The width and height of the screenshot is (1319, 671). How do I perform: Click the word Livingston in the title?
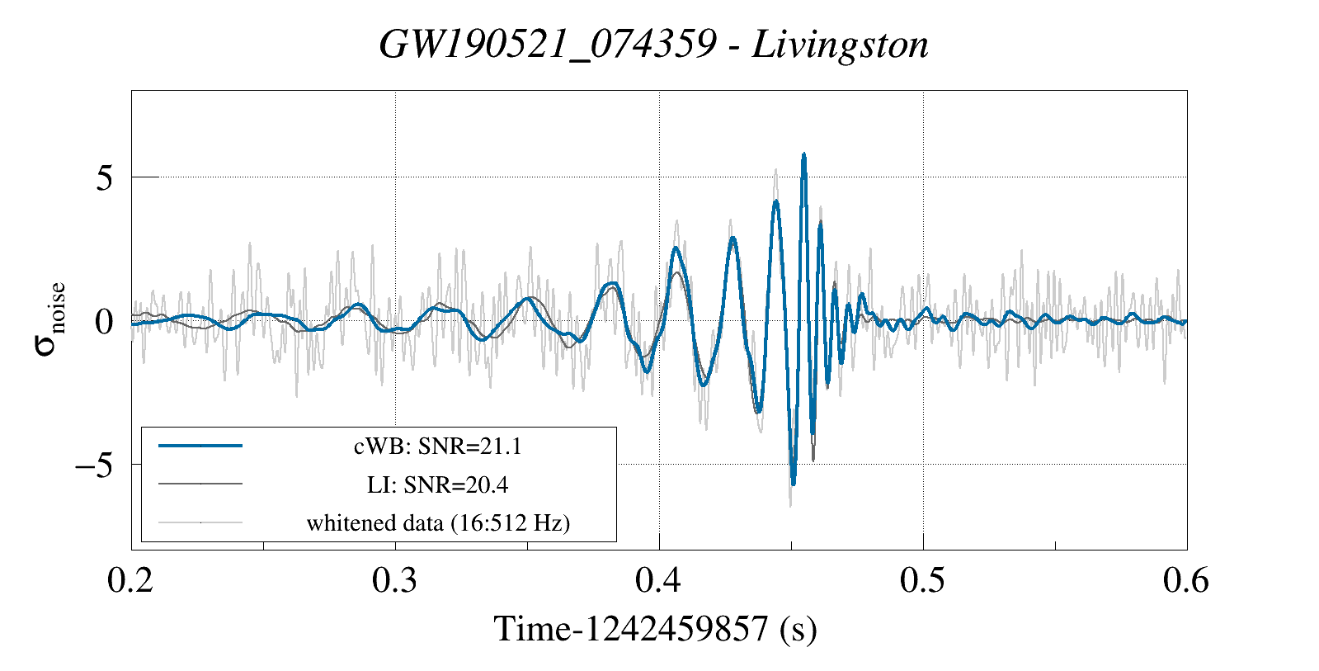841,45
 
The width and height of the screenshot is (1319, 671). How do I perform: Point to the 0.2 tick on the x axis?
131,581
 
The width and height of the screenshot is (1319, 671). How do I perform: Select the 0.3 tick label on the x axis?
395,581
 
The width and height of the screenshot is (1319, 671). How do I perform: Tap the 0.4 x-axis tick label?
659,581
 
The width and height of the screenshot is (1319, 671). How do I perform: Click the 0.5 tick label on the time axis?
923,581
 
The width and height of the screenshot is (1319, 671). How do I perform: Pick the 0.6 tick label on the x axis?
1186,581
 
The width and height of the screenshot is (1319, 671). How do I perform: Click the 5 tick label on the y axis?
104,178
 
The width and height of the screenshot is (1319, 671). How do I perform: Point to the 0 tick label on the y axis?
104,322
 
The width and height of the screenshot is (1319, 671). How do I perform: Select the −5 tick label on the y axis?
94,465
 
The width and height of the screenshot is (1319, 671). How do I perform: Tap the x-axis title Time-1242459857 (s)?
656,630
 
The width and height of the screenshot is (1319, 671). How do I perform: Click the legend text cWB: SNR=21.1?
437,447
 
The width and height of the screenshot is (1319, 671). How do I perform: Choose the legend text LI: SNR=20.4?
437,484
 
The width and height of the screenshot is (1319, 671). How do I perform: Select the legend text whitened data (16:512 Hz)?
438,522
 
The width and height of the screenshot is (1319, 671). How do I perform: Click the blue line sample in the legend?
200,446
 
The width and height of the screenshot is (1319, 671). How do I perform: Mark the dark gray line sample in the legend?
200,484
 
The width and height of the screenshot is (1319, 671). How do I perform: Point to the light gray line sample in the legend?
200,522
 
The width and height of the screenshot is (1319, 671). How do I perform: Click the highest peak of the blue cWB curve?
803,154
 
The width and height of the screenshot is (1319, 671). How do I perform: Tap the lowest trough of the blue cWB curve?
794,484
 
